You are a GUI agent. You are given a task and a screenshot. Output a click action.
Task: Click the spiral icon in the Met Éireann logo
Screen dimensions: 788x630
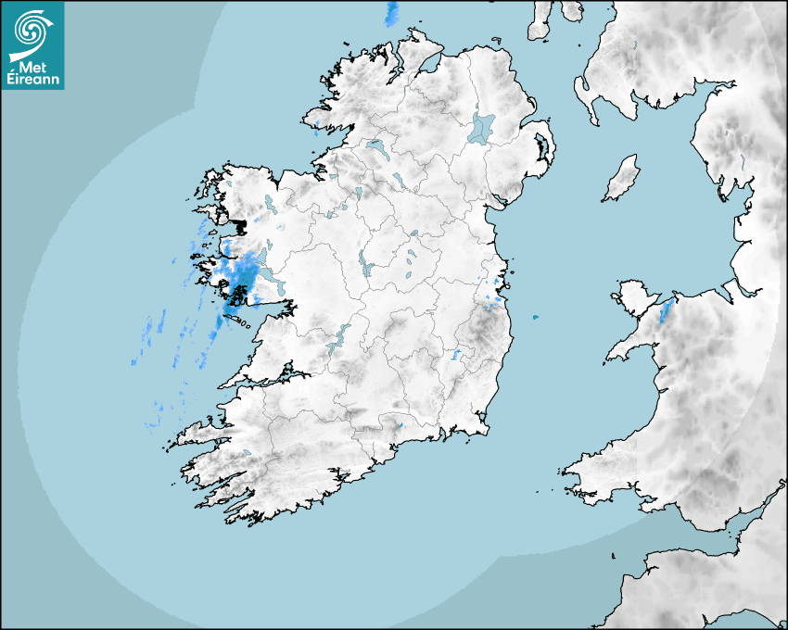coord(32,31)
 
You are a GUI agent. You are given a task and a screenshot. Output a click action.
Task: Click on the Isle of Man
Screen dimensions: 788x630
coord(622,178)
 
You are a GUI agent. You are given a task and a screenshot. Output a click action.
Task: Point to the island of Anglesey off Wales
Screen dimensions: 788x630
coord(630,299)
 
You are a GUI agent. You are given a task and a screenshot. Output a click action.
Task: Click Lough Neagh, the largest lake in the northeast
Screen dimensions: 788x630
coord(482,128)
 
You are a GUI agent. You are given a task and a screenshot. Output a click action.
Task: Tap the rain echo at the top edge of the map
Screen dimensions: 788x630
coord(391,12)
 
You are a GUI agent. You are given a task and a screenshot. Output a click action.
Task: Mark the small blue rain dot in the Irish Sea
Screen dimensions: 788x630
coord(535,318)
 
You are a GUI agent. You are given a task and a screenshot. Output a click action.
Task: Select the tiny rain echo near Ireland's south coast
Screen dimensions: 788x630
coord(400,425)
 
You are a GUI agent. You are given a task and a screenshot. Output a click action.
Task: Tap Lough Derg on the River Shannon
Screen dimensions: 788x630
coord(337,337)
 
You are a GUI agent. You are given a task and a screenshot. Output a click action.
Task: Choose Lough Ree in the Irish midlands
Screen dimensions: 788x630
coord(364,265)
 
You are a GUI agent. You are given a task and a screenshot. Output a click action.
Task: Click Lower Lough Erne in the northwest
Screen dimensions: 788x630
coord(377,148)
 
